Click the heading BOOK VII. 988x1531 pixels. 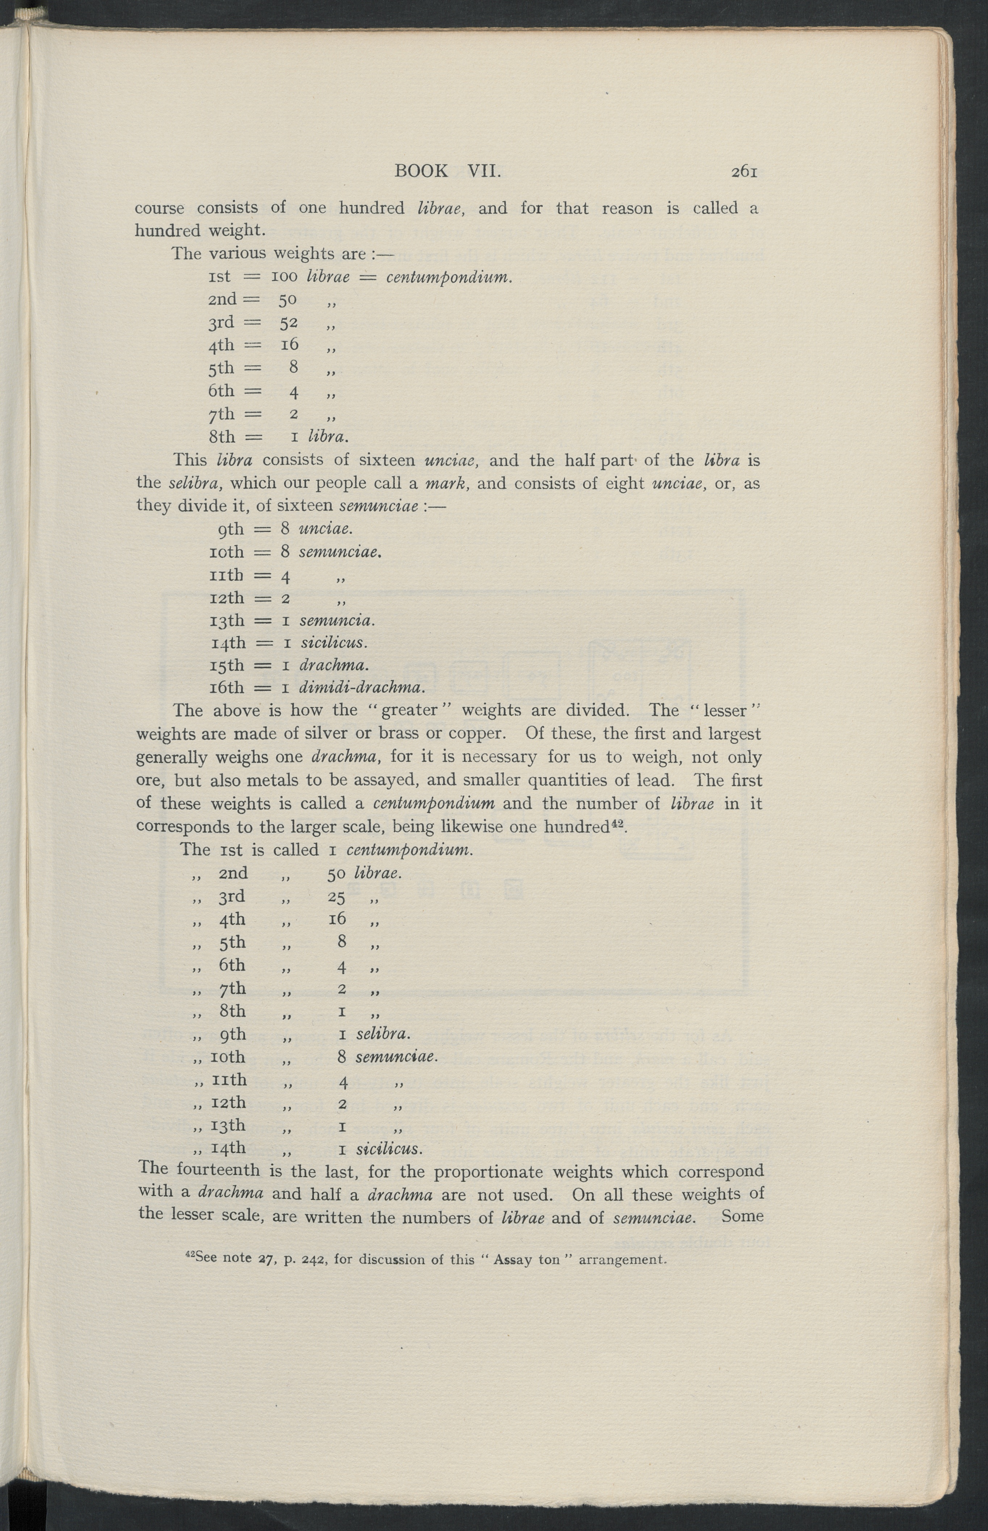tap(447, 171)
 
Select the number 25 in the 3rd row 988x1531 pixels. tap(337, 897)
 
